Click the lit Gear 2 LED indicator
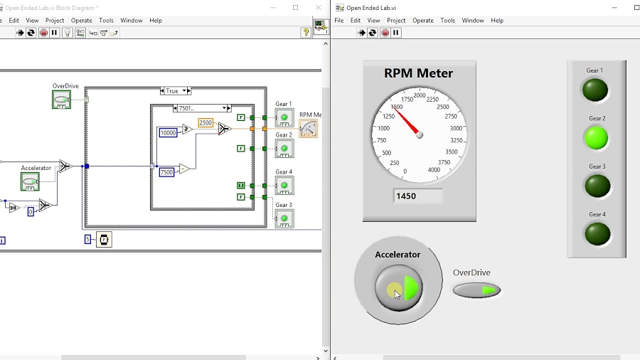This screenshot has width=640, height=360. tap(596, 137)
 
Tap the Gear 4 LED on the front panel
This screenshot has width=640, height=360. tap(597, 233)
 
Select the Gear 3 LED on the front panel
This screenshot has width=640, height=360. tap(596, 186)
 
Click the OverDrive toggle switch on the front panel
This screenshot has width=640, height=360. tap(476, 290)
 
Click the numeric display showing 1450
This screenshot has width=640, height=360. tap(417, 196)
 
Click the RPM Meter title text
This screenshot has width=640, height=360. tap(418, 73)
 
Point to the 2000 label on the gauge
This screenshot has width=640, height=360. tap(420, 95)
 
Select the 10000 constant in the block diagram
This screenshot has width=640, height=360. tap(168, 133)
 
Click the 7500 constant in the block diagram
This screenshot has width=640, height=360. tap(166, 172)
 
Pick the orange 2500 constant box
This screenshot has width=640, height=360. tap(206, 123)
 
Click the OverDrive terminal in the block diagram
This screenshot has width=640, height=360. tap(62, 100)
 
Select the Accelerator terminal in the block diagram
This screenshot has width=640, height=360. tap(30, 181)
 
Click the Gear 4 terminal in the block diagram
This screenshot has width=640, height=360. tap(284, 186)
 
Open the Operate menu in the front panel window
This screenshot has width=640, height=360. tap(423, 21)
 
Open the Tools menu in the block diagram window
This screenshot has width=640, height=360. tap(106, 21)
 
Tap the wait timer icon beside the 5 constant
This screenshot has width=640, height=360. tap(104, 240)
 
